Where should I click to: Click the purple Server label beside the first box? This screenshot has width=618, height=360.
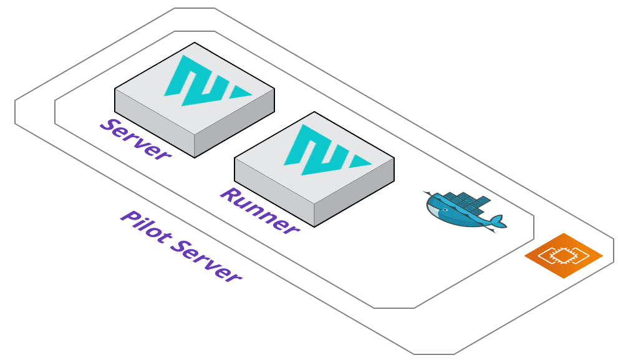(x=135, y=139)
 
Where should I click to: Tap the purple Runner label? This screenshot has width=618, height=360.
(x=259, y=211)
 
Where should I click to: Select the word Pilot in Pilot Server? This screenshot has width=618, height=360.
(x=146, y=226)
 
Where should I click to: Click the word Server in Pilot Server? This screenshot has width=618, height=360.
(x=206, y=260)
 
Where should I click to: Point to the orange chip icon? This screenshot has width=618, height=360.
(x=564, y=256)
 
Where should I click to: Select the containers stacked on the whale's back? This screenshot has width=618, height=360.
(x=468, y=201)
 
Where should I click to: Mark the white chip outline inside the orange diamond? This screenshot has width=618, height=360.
(x=564, y=256)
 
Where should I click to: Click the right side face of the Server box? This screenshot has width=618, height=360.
(x=234, y=123)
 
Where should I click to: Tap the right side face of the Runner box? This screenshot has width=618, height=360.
(x=354, y=192)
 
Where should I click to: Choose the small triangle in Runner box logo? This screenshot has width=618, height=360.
(x=359, y=161)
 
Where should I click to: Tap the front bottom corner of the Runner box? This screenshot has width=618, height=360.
(x=314, y=227)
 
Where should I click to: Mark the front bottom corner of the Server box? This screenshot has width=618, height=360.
(x=195, y=158)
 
